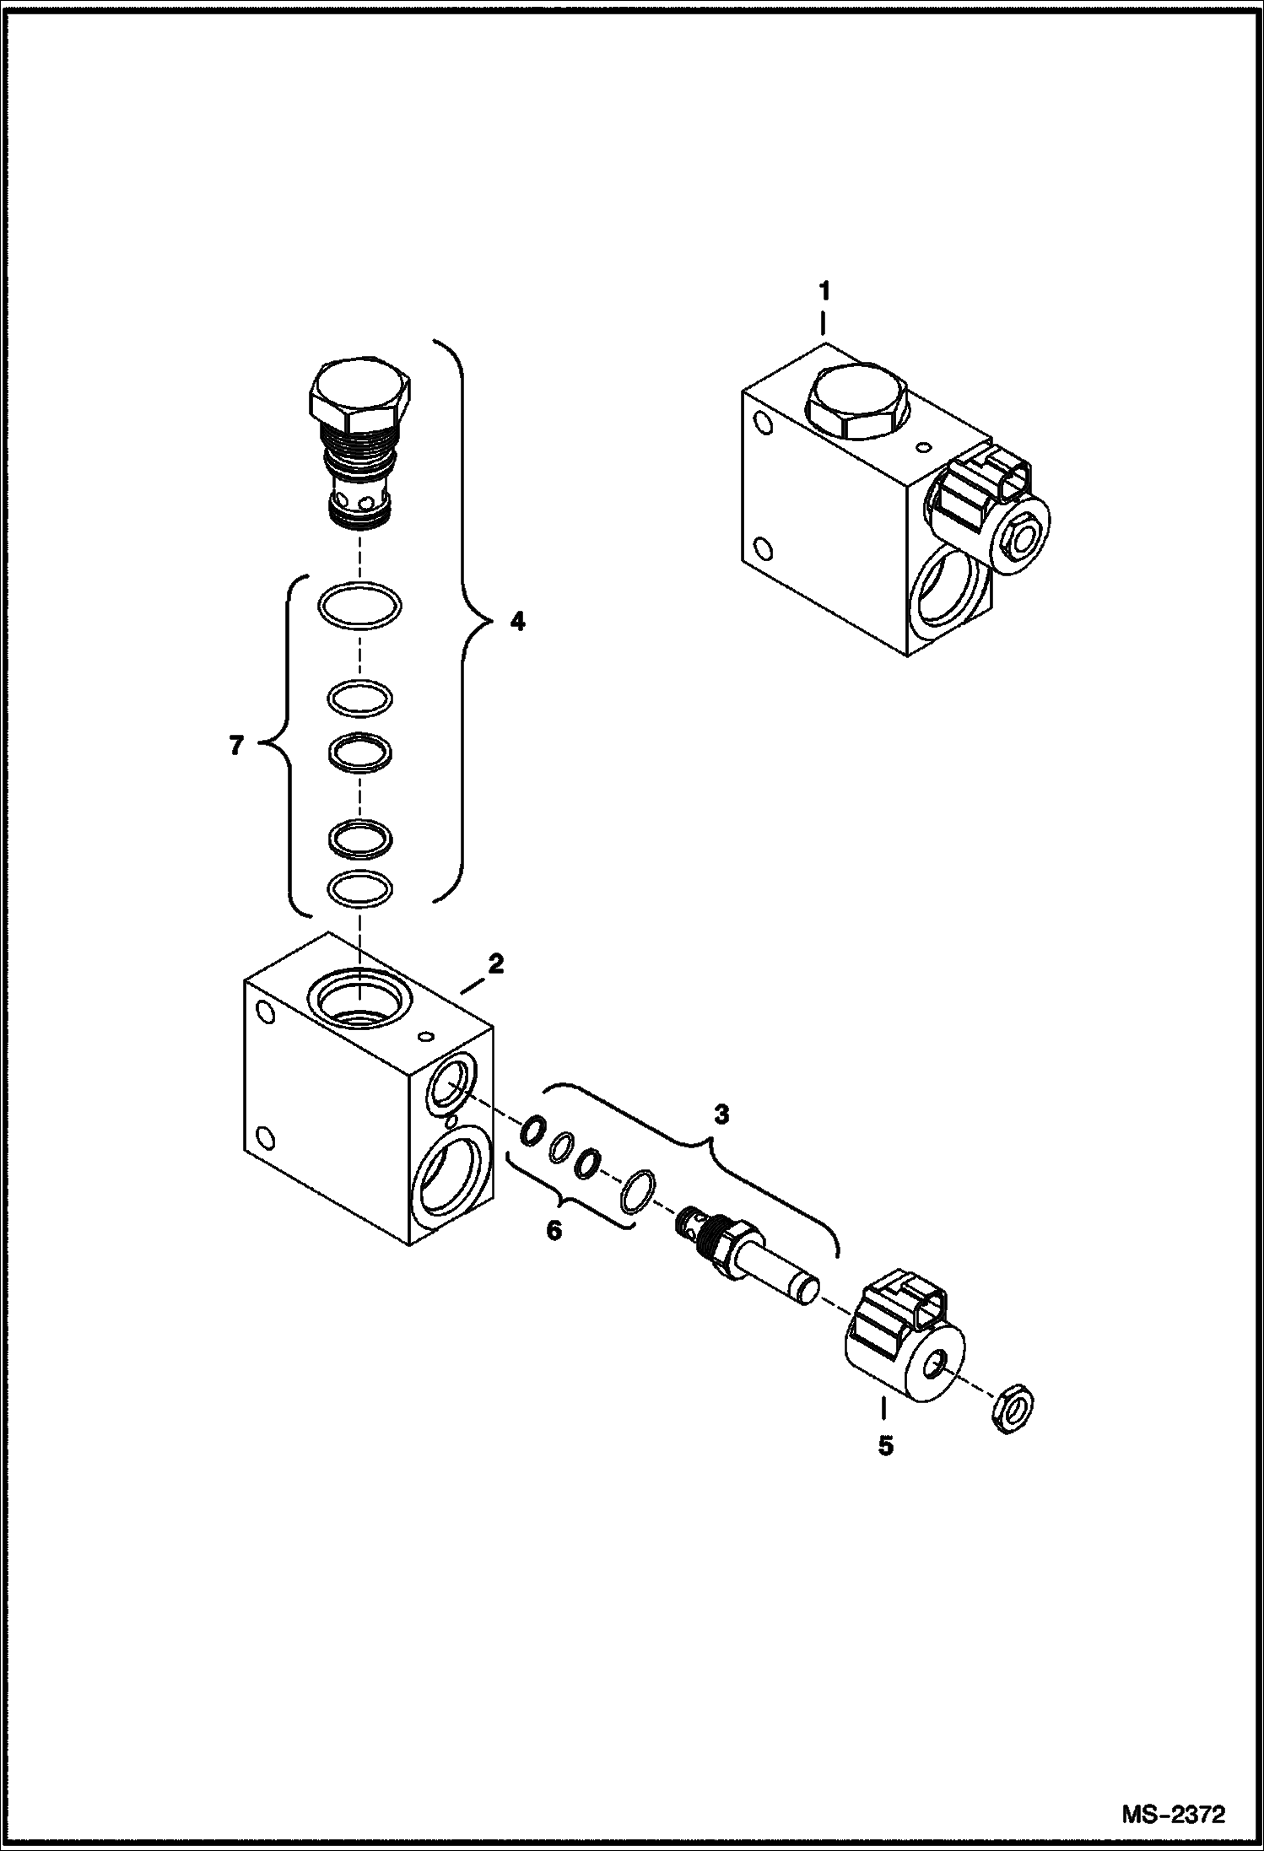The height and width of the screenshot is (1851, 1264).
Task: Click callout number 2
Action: pos(495,963)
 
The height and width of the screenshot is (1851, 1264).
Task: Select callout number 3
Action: pos(721,1115)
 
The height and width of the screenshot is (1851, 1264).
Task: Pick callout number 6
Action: pos(554,1230)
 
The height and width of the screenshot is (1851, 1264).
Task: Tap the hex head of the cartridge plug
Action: pos(360,393)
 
